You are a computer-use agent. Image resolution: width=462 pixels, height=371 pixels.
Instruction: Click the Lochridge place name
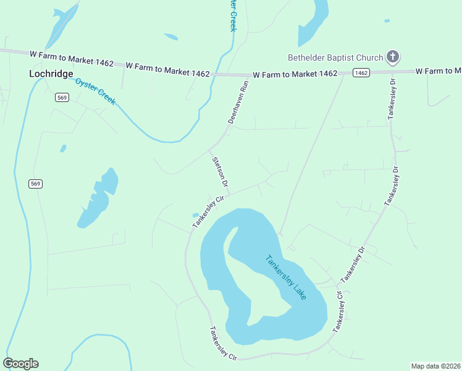pyautogui.click(x=51, y=73)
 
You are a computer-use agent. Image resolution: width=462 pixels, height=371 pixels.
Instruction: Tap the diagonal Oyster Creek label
pyautogui.click(x=95, y=91)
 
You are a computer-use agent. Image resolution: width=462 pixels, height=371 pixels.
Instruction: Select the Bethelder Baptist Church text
pyautogui.click(x=335, y=58)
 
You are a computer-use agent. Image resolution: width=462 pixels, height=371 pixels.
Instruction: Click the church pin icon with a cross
pyautogui.click(x=392, y=58)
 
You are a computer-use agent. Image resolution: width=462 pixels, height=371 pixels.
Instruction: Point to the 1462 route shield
pyautogui.click(x=361, y=73)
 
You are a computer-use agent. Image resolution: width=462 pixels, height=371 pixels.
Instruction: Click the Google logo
pyautogui.click(x=21, y=364)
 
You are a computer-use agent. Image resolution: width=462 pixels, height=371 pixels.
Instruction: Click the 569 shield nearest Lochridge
pyautogui.click(x=61, y=97)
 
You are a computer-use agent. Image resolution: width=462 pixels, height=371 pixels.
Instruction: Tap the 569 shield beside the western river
pyautogui.click(x=36, y=184)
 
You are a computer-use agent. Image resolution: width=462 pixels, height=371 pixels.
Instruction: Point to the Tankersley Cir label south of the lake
pyautogui.click(x=223, y=343)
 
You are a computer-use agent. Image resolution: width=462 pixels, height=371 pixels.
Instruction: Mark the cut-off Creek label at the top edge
pyautogui.click(x=233, y=16)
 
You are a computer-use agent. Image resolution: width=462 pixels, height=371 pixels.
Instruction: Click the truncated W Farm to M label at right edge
pyautogui.click(x=438, y=71)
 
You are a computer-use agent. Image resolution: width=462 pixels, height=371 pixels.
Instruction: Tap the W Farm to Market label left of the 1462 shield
pyautogui.click(x=295, y=74)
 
